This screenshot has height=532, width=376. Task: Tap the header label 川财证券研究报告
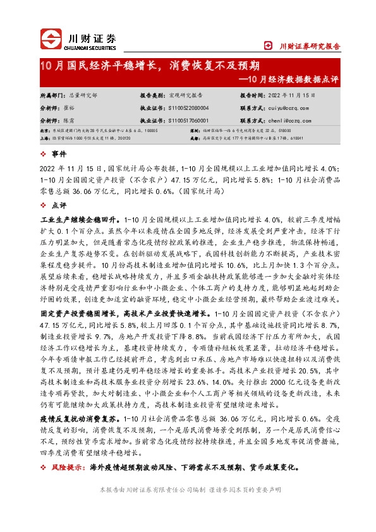coord(309,45)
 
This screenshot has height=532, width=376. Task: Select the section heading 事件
coord(59,154)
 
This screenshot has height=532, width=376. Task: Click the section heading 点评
coord(59,205)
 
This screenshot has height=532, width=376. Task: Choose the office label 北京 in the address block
coord(44,131)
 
